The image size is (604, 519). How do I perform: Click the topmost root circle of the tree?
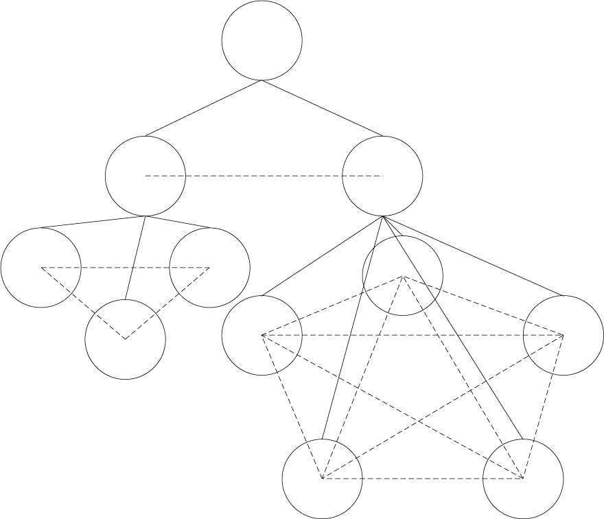pyautogui.click(x=262, y=40)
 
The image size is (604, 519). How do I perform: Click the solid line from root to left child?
pyautogui.click(x=203, y=108)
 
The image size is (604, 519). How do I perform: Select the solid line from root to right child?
pyautogui.click(x=323, y=108)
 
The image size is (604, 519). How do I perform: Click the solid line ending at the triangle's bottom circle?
pyautogui.click(x=135, y=258)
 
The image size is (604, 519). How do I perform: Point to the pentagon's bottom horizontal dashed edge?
pyautogui.click(x=423, y=478)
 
